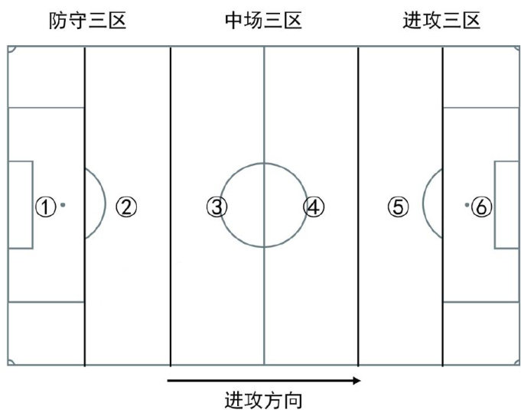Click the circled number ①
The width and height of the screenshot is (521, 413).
point(46,206)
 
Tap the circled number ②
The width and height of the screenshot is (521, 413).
point(126,206)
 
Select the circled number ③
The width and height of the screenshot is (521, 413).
point(217,206)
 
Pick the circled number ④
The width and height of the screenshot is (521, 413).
point(313,206)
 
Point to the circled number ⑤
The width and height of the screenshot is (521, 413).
point(398,206)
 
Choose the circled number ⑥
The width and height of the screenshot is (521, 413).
point(481,206)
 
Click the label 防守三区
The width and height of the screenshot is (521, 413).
point(86,21)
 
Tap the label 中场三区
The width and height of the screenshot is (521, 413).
point(263,21)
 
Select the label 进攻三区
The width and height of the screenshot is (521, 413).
point(441,21)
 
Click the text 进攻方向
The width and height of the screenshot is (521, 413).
point(263,399)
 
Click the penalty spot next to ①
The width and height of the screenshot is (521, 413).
point(63,205)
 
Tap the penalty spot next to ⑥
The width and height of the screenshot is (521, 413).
point(466,205)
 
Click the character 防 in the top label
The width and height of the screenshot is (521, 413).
point(57,21)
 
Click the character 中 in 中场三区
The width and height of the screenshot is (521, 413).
point(233,21)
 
